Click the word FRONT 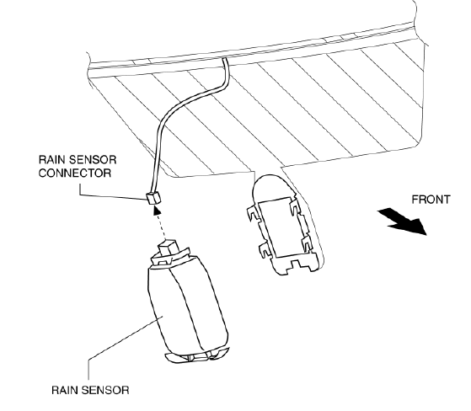[431, 200]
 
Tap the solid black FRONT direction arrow [403, 222]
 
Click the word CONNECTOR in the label [75, 173]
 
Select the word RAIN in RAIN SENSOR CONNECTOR [50, 160]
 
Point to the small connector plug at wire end [153, 198]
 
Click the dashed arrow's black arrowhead [157, 209]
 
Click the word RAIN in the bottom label [63, 390]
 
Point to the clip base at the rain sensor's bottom [197, 356]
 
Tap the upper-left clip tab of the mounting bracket [253, 212]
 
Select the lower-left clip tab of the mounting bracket [265, 250]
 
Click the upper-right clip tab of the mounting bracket [294, 205]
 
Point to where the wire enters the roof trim [224, 59]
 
